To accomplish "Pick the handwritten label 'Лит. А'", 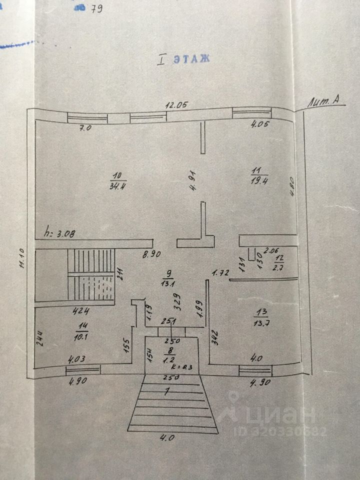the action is [327, 101].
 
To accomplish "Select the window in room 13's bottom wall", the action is [255, 370].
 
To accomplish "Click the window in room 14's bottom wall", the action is [82, 370].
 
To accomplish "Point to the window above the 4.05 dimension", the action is [251, 114].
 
